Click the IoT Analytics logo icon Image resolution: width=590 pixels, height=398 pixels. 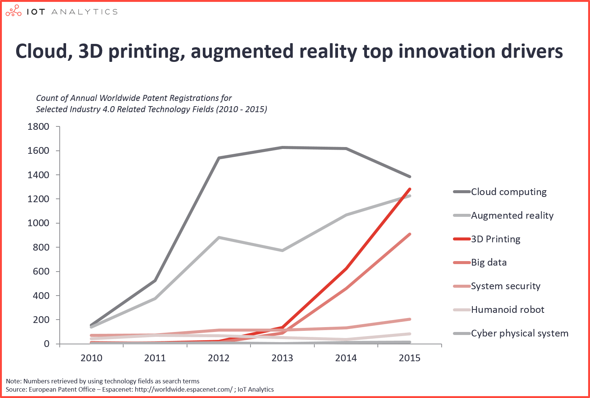click(14, 11)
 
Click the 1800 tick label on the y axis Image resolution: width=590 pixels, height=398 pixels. click(38, 127)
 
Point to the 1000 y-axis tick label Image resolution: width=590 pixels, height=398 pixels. click(38, 223)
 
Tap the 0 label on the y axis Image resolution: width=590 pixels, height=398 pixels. click(47, 344)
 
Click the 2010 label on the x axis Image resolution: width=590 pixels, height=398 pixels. click(91, 358)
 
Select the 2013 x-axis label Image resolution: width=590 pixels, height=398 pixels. click(282, 358)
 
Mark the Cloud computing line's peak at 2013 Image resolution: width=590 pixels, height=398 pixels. click(282, 147)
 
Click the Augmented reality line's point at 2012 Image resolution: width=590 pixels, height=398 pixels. click(219, 237)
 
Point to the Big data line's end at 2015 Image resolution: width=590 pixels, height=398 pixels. click(409, 234)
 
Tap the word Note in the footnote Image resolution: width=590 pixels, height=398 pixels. click(14, 381)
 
